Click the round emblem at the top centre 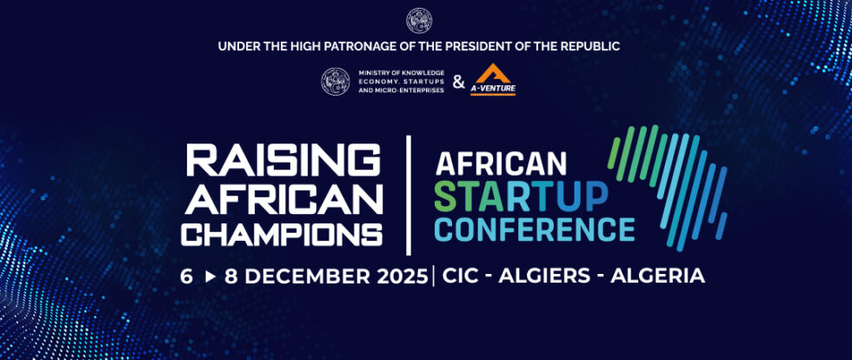(419, 20)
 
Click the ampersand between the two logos (458, 83)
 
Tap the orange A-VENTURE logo (493, 80)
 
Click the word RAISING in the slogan (283, 161)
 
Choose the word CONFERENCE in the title (535, 230)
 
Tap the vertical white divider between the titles (408, 195)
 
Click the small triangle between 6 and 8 (209, 277)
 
